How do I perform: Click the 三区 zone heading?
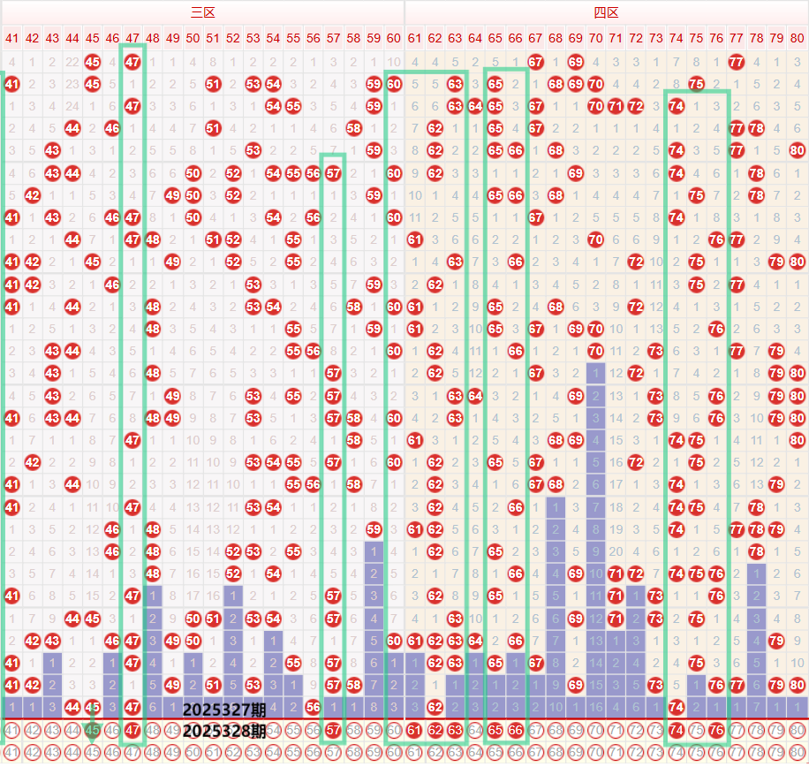click(203, 12)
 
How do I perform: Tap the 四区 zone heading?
click(606, 12)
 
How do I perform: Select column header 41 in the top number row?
click(11, 38)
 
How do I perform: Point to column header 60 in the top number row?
click(394, 38)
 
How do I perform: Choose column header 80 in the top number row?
click(798, 38)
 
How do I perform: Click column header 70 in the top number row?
click(595, 38)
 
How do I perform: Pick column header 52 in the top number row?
click(233, 38)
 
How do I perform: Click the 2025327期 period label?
click(224, 709)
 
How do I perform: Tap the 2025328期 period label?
click(224, 731)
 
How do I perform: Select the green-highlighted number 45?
click(92, 730)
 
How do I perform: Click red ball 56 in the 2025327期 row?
click(313, 707)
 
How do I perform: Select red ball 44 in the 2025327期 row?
click(72, 707)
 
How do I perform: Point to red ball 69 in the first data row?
click(575, 62)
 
